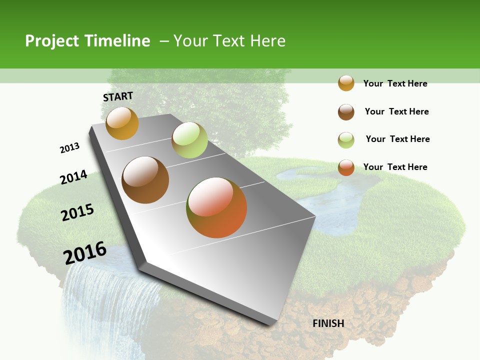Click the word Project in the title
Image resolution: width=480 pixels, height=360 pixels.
52,41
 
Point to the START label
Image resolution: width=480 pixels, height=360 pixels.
118,96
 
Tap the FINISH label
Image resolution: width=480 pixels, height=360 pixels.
328,323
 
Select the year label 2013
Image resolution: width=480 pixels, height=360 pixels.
70,148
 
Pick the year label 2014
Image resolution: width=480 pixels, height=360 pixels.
74,177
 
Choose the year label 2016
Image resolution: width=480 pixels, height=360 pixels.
85,252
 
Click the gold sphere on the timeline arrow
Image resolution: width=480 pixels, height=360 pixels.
122,123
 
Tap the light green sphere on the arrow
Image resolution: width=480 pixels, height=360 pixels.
189,140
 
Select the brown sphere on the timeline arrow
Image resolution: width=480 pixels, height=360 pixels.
145,180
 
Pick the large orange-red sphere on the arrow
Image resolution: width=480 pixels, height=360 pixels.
216,207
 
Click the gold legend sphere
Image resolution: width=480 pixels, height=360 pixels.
346,83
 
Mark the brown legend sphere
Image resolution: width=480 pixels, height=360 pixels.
346,112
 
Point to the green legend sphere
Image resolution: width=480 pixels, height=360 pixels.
346,140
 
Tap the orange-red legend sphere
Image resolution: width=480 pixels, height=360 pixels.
346,167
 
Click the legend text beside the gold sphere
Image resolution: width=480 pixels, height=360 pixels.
395,84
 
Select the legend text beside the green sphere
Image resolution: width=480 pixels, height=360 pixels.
397,139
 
